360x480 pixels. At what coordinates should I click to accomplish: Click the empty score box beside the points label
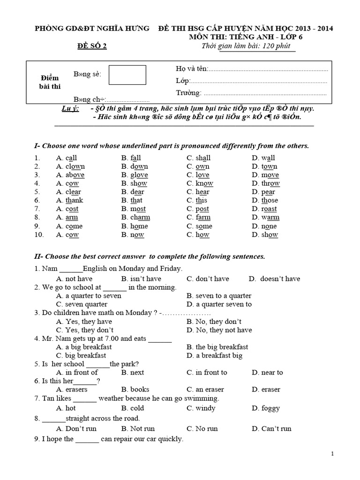tap(127, 75)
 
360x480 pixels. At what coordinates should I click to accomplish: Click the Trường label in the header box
tap(188, 92)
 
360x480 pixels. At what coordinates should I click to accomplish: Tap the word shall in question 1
tap(203, 158)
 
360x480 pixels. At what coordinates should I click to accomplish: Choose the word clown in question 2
tap(75, 166)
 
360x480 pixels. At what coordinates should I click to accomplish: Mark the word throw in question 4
tap(270, 183)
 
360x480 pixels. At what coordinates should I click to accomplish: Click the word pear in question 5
tap(268, 192)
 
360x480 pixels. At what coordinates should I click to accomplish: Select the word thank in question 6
tap(74, 200)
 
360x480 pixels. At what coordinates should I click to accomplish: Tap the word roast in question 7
tap(269, 209)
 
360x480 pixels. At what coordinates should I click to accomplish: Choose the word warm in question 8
tap(270, 217)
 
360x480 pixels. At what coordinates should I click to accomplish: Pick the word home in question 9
tap(139, 226)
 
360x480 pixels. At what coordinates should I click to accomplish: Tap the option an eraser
tap(210, 389)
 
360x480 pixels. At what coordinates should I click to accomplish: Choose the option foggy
tap(271, 408)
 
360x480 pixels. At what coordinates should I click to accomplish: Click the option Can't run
tap(276, 428)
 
